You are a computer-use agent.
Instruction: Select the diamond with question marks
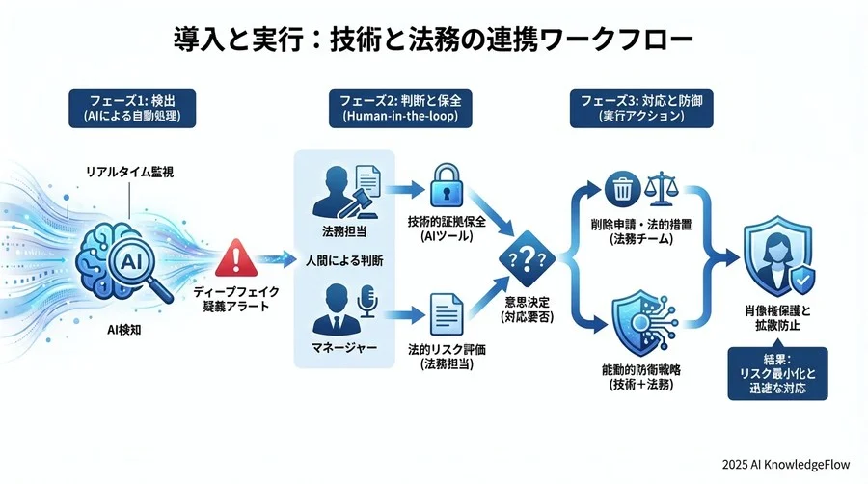(x=526, y=258)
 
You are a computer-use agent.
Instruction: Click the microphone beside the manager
(x=367, y=302)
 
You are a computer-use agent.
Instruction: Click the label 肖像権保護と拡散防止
(x=777, y=317)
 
